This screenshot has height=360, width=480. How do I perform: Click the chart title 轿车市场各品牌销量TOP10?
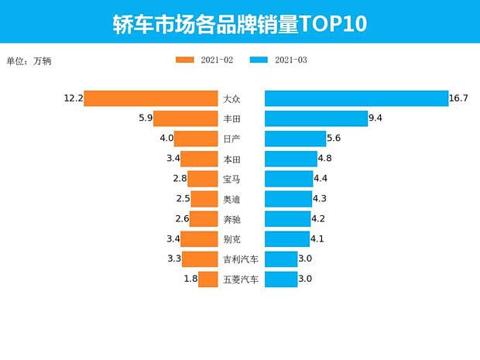[x=239, y=22]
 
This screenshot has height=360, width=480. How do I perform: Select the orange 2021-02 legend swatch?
[x=185, y=60]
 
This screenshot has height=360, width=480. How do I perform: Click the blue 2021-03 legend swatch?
[x=259, y=60]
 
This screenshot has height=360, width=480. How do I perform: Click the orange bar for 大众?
[x=151, y=98]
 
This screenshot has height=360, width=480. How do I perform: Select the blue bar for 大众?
[x=356, y=98]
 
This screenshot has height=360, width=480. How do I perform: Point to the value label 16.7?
[x=459, y=98]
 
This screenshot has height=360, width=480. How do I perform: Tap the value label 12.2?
[x=74, y=98]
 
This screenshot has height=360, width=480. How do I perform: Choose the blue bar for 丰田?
[x=316, y=118]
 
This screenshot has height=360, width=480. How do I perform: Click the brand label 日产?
[x=231, y=139]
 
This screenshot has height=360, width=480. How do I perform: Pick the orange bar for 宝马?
[x=202, y=179]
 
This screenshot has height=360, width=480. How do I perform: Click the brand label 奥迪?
[x=231, y=199]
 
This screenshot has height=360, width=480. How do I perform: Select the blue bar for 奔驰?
[x=287, y=219]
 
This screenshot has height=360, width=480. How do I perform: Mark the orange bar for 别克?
[x=199, y=239]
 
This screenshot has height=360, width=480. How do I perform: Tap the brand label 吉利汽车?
[x=240, y=259]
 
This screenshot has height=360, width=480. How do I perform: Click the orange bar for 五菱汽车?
[x=207, y=279]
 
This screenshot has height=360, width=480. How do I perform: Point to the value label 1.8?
[x=190, y=279]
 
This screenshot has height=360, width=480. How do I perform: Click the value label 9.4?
[x=376, y=118]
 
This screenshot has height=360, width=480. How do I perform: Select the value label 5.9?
[x=145, y=118]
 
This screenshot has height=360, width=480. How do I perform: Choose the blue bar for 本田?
[x=290, y=159]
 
